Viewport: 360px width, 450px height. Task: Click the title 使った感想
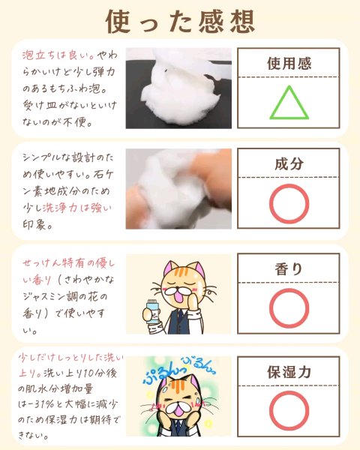pyautogui.click(x=180, y=22)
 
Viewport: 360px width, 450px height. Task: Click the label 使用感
pyautogui.click(x=289, y=64)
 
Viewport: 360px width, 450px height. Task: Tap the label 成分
pyautogui.click(x=289, y=163)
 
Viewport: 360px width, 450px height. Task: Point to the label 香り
pyautogui.click(x=289, y=269)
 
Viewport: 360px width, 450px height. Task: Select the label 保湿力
pyautogui.click(x=289, y=372)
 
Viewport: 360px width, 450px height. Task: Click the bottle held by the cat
pyautogui.click(x=151, y=311)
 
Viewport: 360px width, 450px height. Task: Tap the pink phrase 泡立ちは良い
pyautogui.click(x=58, y=55)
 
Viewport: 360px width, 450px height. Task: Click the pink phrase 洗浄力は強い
pyautogui.click(x=76, y=208)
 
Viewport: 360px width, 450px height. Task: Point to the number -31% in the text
pyautogui.click(x=40, y=404)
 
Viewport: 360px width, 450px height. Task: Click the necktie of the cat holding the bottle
pyautogui.click(x=180, y=318)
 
